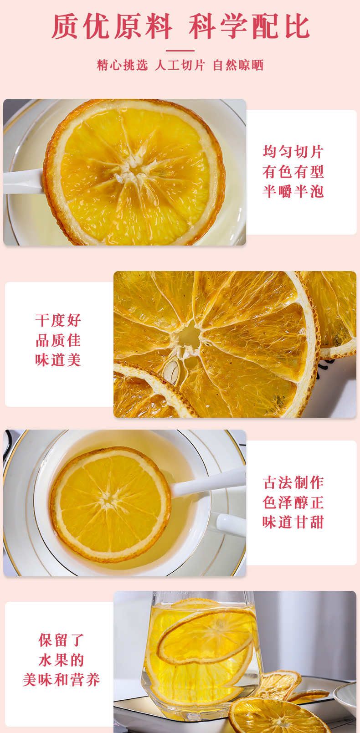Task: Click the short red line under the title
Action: coord(180,51)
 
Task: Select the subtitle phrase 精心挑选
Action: coord(123,65)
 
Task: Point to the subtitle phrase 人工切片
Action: coord(180,65)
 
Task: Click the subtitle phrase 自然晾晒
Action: coord(238,65)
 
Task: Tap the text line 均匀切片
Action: coord(293,152)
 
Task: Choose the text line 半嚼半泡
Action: coord(293,191)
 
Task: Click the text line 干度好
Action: coord(58,320)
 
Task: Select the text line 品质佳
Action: coord(58,340)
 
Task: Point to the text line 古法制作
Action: coord(293,482)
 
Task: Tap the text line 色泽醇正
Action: coord(293,502)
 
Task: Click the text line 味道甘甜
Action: coord(293,522)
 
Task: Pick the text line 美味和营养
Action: coord(62,680)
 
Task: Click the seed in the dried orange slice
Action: coord(172,371)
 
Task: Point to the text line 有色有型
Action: coord(293,171)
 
